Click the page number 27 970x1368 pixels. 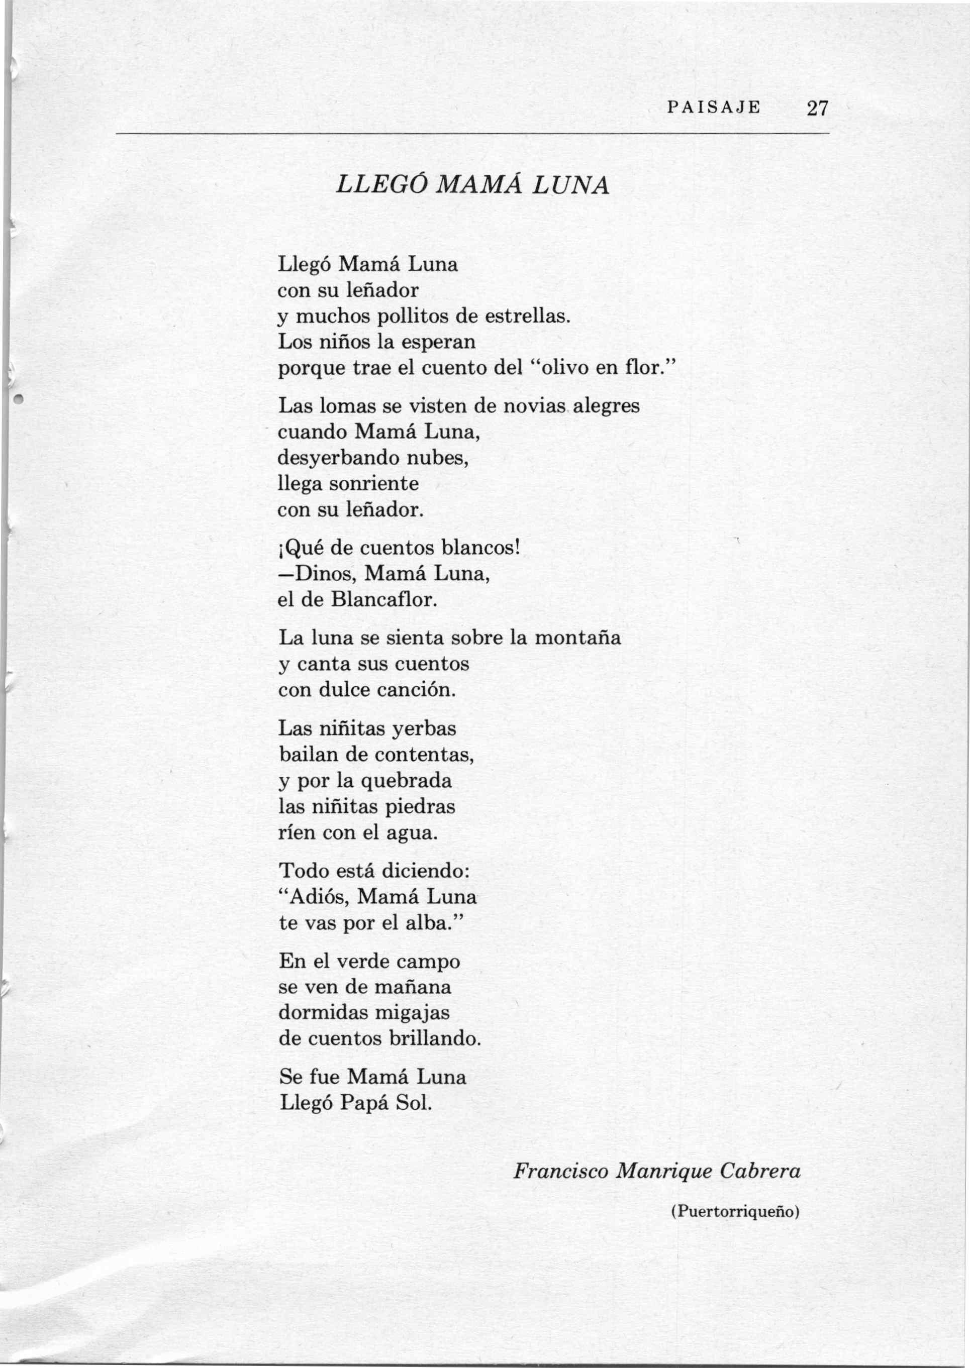tap(818, 109)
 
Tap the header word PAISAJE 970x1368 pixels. tap(714, 108)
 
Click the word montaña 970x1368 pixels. tap(577, 638)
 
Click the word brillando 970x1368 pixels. tap(434, 1039)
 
